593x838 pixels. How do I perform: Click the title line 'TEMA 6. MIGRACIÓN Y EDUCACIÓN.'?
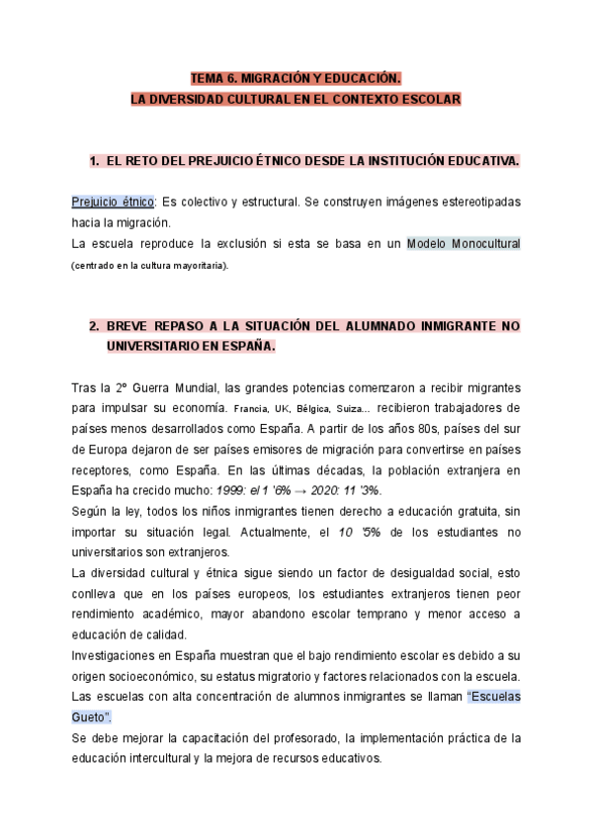296,78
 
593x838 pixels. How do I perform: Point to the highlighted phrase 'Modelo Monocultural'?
464,243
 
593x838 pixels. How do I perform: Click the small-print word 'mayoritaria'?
196,265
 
